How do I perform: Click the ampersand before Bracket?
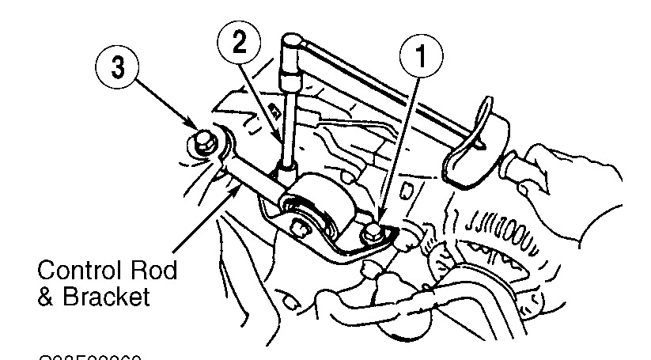pos(47,299)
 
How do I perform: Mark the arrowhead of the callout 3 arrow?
pos(192,126)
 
